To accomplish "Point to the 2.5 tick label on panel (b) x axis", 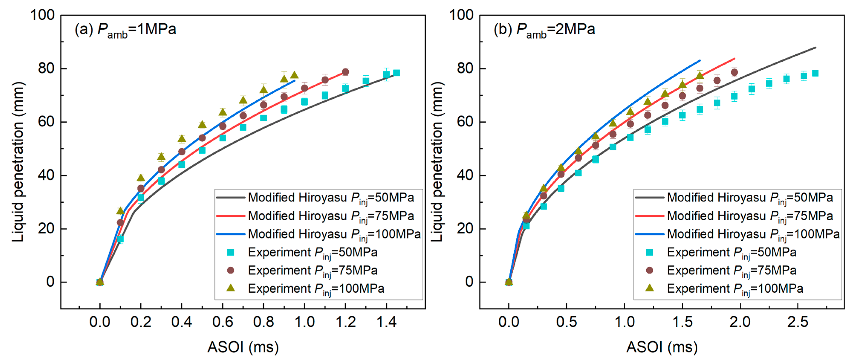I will (798, 322).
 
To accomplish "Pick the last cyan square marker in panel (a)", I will (397, 73).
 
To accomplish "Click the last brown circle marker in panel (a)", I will (345, 72).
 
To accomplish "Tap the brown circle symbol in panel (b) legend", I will (649, 270).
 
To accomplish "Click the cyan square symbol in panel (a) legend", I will (231, 252).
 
